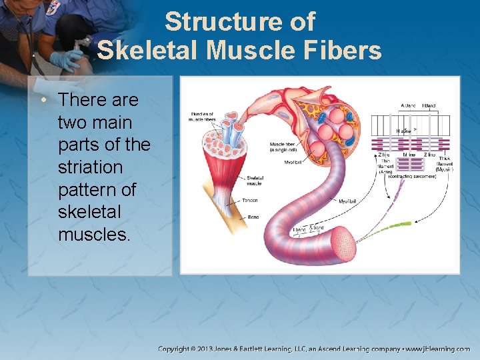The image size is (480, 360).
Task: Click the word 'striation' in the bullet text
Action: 91,167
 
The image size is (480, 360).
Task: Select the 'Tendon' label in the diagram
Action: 251,200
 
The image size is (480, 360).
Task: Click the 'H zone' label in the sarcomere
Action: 403,131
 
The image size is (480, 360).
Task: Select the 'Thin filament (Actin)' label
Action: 385,167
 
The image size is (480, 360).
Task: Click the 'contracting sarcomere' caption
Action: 411,177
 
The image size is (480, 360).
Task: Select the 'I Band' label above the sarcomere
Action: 429,105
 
